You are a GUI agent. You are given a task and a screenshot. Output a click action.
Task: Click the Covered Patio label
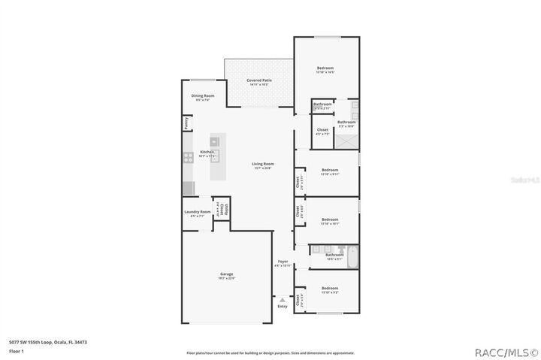(259, 80)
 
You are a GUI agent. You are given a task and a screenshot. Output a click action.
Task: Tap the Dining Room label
(203, 96)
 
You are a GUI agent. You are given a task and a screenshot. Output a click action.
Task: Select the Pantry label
(185, 124)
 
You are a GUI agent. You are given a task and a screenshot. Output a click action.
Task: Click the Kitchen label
(207, 153)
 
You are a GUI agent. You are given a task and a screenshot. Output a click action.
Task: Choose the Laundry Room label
(197, 213)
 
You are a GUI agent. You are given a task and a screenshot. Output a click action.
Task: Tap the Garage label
(226, 274)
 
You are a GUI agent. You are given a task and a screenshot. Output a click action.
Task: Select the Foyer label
(283, 262)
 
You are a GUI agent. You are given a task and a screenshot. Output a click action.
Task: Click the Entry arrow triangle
(283, 299)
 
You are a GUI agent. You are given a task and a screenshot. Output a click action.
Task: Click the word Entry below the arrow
(283, 307)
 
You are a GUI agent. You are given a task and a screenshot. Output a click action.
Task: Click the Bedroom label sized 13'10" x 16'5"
(325, 69)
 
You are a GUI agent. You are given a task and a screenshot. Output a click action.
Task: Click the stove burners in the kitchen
(187, 158)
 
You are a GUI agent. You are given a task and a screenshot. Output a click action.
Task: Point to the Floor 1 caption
(15, 351)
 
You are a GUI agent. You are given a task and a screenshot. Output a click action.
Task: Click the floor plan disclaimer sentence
(270, 352)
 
